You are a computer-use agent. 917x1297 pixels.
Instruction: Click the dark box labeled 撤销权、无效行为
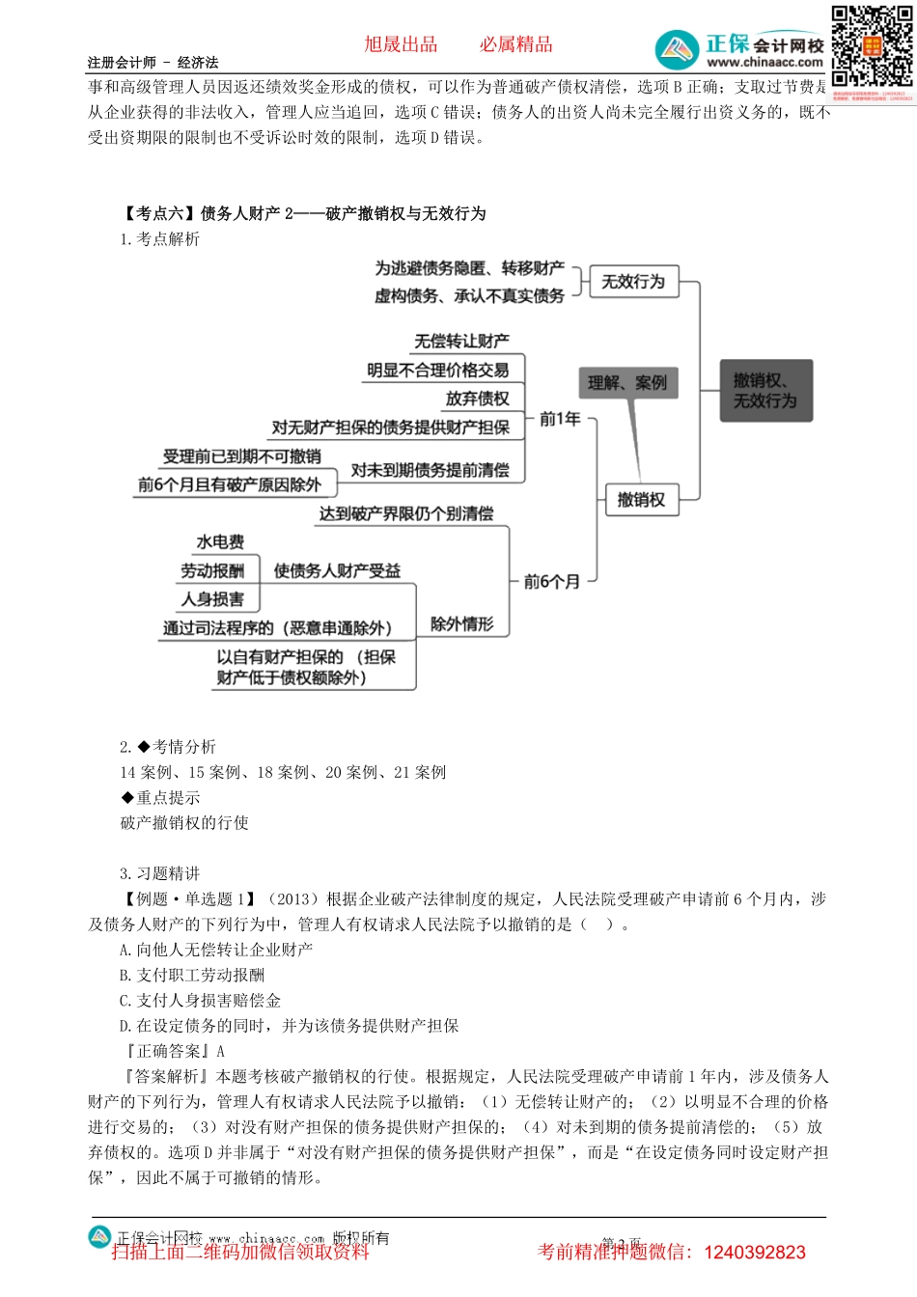766,391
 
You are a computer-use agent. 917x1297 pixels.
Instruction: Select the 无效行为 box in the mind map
633,282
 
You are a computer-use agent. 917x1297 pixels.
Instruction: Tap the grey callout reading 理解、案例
627,383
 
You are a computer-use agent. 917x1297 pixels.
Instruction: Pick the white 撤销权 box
641,500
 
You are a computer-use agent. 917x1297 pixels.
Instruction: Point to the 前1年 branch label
560,419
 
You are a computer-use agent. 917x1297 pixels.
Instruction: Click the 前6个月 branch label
551,582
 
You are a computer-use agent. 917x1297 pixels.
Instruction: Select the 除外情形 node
461,624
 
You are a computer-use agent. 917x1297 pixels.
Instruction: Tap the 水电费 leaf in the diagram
220,542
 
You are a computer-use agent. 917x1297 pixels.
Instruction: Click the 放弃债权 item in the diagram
477,399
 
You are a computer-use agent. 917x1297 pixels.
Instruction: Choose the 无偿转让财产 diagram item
461,342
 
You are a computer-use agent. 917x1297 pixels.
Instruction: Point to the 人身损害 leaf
212,599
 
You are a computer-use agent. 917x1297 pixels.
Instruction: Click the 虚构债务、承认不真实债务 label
469,296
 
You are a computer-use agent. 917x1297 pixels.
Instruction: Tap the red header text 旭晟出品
401,44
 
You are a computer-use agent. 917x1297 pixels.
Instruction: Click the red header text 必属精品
516,44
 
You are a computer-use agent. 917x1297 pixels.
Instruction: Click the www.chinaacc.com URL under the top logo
764,63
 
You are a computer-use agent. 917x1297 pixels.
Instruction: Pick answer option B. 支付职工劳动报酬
192,976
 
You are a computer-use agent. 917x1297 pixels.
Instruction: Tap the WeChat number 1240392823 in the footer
755,1253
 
